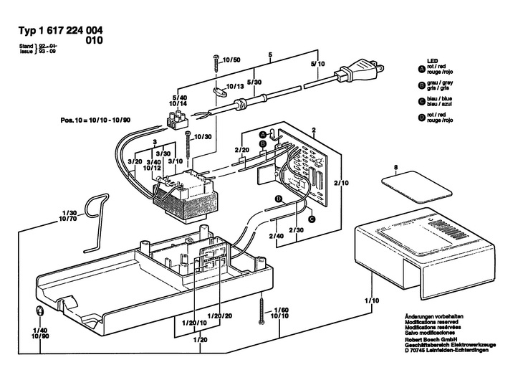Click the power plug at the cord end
tap(362, 72)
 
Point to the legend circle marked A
tap(421, 69)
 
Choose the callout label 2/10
tap(342, 183)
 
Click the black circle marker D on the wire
tap(279, 199)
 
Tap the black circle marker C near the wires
tap(312, 219)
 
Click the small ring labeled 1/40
tap(39, 311)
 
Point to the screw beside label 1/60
tap(261, 310)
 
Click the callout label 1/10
tap(372, 300)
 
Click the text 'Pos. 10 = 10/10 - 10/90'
tap(95, 120)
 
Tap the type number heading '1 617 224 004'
tap(71, 30)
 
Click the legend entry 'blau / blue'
tap(439, 99)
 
